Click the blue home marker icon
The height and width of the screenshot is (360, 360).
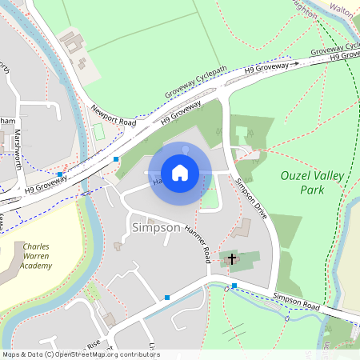[180, 173]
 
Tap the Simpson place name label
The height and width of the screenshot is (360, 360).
[155, 227]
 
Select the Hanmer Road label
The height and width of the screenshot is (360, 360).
[197, 242]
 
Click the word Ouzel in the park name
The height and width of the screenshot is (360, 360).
[295, 175]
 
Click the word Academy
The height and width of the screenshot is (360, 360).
[37, 265]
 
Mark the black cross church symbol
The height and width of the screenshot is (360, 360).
[232, 258]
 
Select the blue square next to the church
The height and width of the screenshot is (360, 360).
[234, 286]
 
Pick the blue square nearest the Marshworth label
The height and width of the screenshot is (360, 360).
[60, 174]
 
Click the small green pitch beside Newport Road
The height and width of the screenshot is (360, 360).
[98, 131]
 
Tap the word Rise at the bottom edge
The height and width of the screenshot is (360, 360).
[94, 345]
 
